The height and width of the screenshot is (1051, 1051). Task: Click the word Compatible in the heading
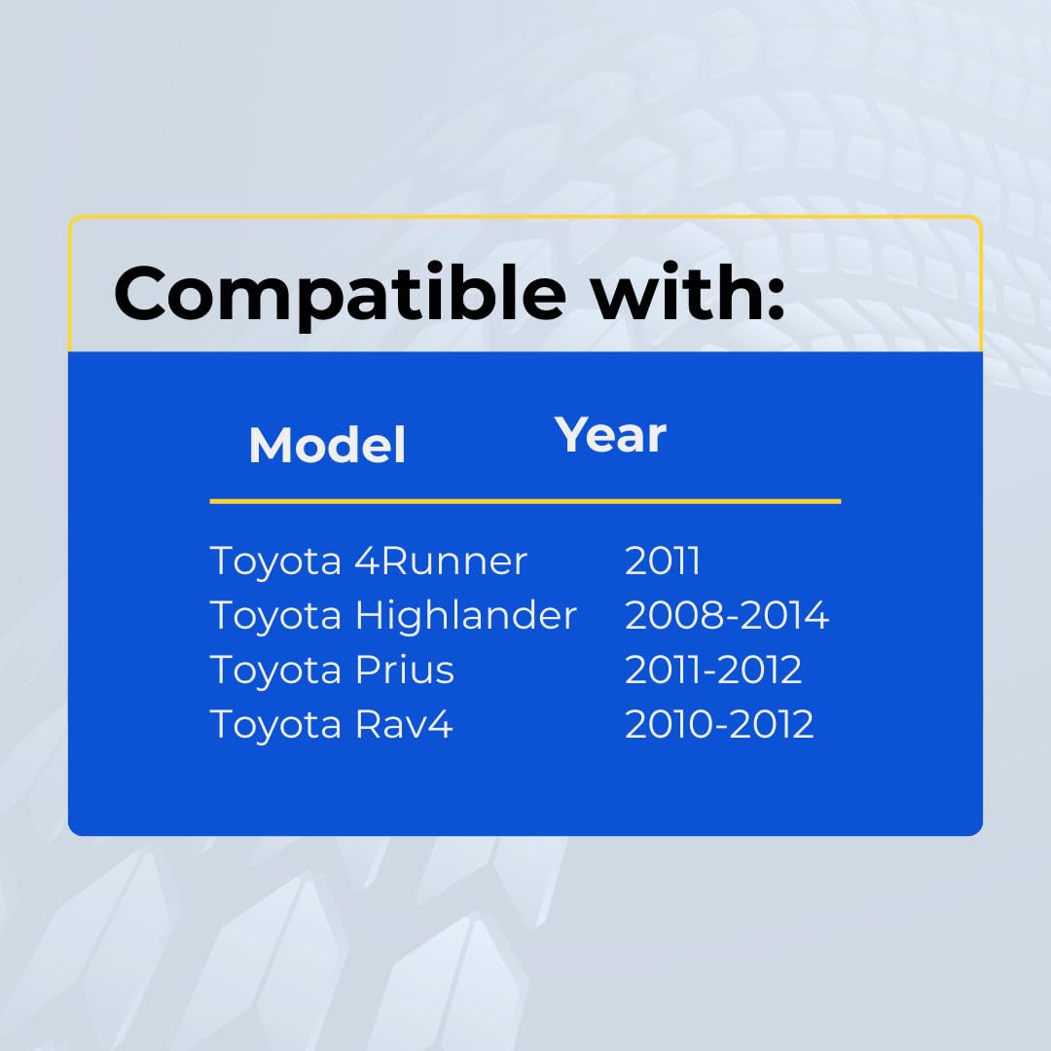click(x=340, y=295)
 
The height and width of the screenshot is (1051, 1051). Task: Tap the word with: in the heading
click(x=686, y=292)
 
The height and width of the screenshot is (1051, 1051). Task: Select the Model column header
click(x=327, y=445)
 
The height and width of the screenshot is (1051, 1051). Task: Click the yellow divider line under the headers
click(x=525, y=501)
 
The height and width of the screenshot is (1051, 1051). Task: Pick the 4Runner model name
click(x=441, y=561)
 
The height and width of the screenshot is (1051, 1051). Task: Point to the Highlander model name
click(x=466, y=615)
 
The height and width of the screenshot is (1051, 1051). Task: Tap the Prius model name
click(x=404, y=669)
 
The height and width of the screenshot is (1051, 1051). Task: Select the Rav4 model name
click(x=404, y=724)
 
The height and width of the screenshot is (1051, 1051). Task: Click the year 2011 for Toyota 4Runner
click(x=663, y=561)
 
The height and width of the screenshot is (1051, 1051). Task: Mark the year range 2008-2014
click(x=727, y=615)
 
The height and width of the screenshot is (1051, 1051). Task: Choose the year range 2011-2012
click(x=713, y=669)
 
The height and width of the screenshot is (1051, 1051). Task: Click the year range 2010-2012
click(x=719, y=724)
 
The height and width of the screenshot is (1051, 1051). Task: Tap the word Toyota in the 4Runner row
click(x=275, y=562)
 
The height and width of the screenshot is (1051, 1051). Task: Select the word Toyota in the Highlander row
click(x=275, y=615)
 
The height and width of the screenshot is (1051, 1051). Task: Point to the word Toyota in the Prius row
click(x=275, y=670)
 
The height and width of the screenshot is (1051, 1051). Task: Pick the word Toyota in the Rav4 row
click(x=275, y=725)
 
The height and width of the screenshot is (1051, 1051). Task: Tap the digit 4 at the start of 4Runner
click(x=367, y=561)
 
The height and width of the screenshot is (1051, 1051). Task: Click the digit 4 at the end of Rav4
click(x=440, y=724)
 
